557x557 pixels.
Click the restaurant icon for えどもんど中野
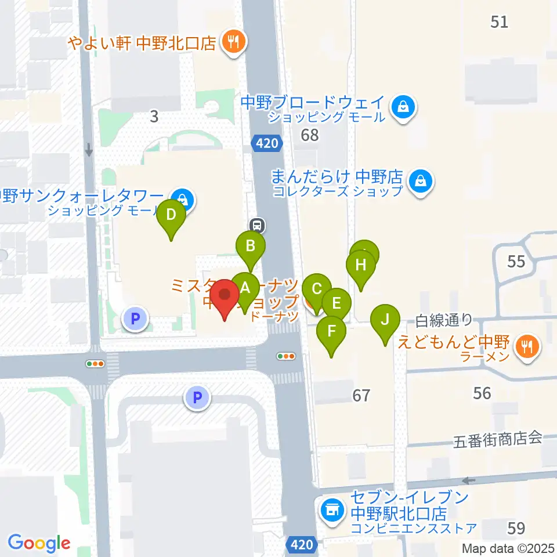(527, 348)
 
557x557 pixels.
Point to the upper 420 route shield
(267, 142)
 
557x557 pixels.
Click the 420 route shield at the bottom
(302, 545)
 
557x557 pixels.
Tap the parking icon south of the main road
(197, 399)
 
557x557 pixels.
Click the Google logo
(39, 542)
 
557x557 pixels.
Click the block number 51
(499, 22)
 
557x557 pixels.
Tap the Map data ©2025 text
(508, 548)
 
